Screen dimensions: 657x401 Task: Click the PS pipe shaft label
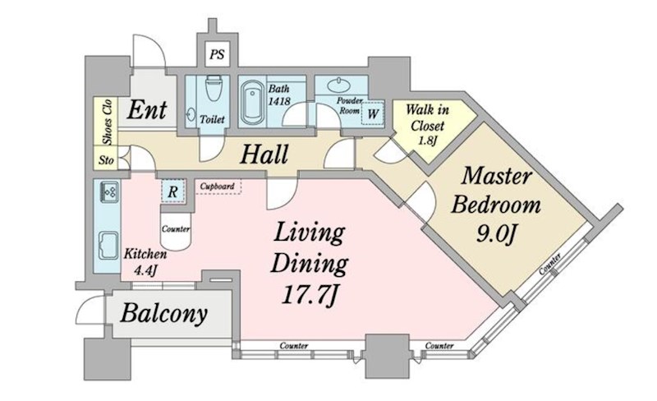pos(217,54)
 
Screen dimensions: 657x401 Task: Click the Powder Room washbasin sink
pos(339,85)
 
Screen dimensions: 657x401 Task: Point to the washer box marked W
pos(373,113)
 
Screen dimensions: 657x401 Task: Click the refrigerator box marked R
pos(173,191)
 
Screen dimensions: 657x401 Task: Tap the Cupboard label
pos(217,187)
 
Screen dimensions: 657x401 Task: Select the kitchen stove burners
pos(110,192)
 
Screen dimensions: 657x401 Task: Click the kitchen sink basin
pos(108,246)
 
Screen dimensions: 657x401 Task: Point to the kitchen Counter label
pos(176,229)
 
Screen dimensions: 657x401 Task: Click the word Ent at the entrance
pos(147,110)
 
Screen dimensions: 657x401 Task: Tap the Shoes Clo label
pos(108,122)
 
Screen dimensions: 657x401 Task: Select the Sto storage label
pos(106,160)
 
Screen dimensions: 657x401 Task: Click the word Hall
pos(264,154)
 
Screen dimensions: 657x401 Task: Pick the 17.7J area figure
pos(310,295)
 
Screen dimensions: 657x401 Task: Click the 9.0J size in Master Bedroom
pos(495,234)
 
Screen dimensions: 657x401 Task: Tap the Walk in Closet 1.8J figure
pos(427,140)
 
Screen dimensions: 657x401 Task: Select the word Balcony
pos(163,313)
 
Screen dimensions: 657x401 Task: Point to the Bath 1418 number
pos(279,101)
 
